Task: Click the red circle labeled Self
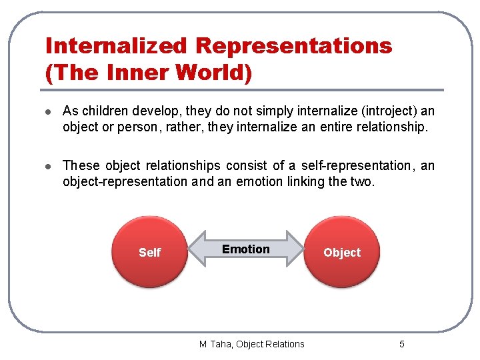pyautogui.click(x=149, y=251)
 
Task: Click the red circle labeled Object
pyautogui.click(x=341, y=251)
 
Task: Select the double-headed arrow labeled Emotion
pyautogui.click(x=245, y=249)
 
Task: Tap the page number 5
pyautogui.click(x=401, y=344)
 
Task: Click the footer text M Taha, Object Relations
pyautogui.click(x=251, y=344)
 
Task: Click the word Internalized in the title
pyautogui.click(x=115, y=46)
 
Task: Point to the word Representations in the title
pyautogui.click(x=293, y=46)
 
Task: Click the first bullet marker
pyautogui.click(x=49, y=111)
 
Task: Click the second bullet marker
pyautogui.click(x=49, y=166)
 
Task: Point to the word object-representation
pyautogui.click(x=125, y=181)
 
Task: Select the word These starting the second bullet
pyautogui.click(x=81, y=165)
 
